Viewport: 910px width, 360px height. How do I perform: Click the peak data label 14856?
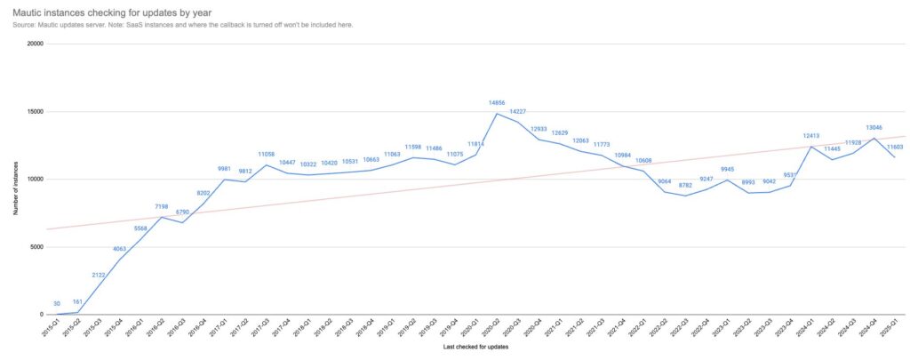[497, 103]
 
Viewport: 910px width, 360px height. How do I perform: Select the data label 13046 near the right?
[875, 127]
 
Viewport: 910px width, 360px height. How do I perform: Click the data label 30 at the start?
[57, 303]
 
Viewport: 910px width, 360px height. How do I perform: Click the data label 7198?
[162, 206]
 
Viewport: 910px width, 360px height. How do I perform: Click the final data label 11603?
[897, 147]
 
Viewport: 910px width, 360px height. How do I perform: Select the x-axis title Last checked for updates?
[475, 347]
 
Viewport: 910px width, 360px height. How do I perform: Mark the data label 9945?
[727, 169]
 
